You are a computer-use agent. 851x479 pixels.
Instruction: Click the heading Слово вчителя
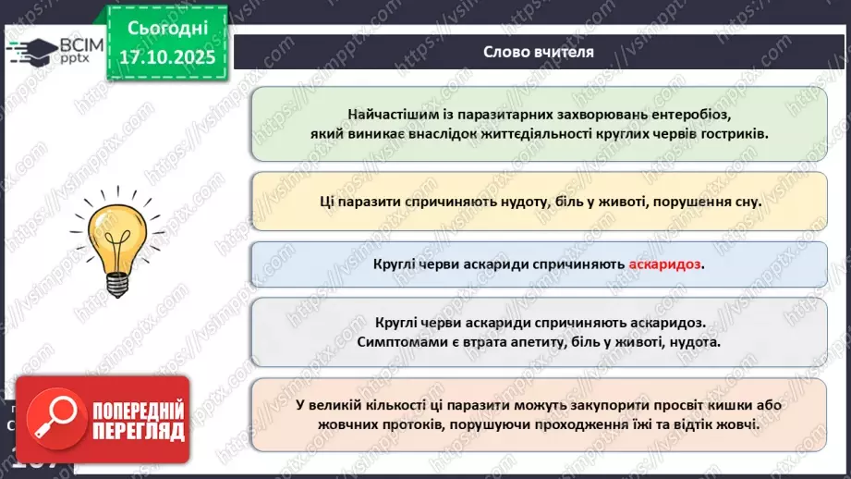click(x=539, y=52)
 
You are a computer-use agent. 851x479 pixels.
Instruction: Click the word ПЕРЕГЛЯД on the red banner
click(x=139, y=430)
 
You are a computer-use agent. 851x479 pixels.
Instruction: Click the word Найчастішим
click(x=393, y=115)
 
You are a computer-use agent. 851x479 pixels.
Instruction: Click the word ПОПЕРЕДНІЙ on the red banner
click(x=139, y=409)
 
